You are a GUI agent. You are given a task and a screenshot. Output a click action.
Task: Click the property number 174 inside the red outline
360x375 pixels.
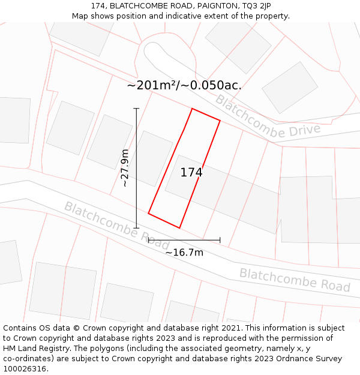[191, 173]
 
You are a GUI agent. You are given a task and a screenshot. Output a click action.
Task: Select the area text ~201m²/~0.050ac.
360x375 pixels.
[184, 85]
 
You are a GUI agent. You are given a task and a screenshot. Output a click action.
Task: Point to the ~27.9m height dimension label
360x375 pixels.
[125, 168]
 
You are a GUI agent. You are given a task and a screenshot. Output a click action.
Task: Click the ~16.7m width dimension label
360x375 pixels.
[184, 253]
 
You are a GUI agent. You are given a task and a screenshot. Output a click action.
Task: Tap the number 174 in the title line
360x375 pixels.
[99, 5]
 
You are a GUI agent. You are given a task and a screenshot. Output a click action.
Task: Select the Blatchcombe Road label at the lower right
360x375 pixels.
[295, 280]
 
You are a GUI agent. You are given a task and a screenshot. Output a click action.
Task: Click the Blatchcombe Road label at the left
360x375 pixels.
[116, 226]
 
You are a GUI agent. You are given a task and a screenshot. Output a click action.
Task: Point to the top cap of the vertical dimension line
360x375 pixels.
[137, 109]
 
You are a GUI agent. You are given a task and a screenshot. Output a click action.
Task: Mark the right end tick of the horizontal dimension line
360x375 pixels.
[220, 240]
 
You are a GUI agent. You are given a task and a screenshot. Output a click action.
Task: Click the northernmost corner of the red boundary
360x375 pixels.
[192, 109]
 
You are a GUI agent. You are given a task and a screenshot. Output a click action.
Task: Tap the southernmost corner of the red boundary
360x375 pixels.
[179, 228]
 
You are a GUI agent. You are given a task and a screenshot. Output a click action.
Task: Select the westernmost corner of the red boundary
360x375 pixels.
[148, 213]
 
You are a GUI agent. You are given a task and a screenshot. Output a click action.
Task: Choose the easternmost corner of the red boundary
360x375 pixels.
[220, 121]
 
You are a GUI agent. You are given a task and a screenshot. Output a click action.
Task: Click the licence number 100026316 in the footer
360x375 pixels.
[24, 369]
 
